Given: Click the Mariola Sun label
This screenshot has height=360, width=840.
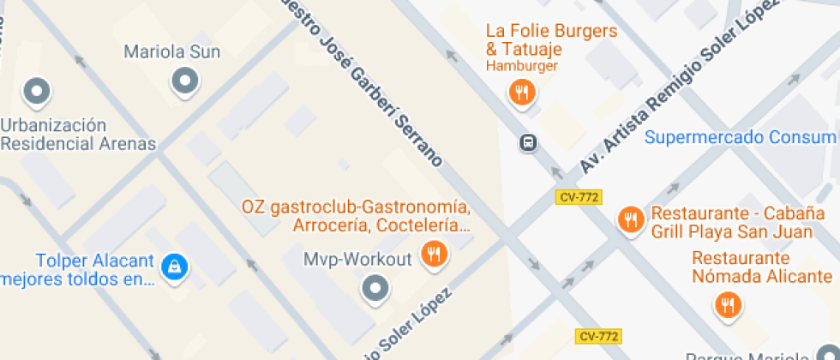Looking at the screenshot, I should pyautogui.click(x=171, y=52).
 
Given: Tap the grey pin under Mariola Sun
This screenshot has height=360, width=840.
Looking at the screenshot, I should pyautogui.click(x=184, y=82).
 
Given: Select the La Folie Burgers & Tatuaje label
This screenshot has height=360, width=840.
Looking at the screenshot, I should pyautogui.click(x=551, y=39).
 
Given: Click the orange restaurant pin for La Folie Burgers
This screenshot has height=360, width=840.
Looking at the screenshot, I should pyautogui.click(x=521, y=92).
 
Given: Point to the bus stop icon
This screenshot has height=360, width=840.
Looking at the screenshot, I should pyautogui.click(x=529, y=142).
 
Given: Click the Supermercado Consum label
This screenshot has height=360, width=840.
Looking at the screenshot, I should pyautogui.click(x=740, y=137).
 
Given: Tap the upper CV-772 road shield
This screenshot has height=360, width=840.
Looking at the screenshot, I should pyautogui.click(x=578, y=197).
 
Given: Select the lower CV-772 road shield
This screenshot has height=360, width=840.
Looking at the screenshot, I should pyautogui.click(x=598, y=336).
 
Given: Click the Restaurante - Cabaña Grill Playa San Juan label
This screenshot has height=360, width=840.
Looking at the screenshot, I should pyautogui.click(x=745, y=222).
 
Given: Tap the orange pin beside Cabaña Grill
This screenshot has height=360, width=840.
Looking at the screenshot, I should pyautogui.click(x=631, y=219).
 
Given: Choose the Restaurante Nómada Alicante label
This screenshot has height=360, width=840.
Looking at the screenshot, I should pyautogui.click(x=762, y=267).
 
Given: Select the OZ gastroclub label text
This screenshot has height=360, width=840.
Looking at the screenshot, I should pyautogui.click(x=356, y=217).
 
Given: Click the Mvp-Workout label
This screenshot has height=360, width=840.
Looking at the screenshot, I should pyautogui.click(x=358, y=259).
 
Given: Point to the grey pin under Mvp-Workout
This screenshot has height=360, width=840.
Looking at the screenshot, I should pyautogui.click(x=375, y=289).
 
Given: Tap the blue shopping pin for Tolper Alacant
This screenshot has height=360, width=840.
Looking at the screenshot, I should pyautogui.click(x=174, y=268).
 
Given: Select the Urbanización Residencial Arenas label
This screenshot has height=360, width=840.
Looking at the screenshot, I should pyautogui.click(x=77, y=135).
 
